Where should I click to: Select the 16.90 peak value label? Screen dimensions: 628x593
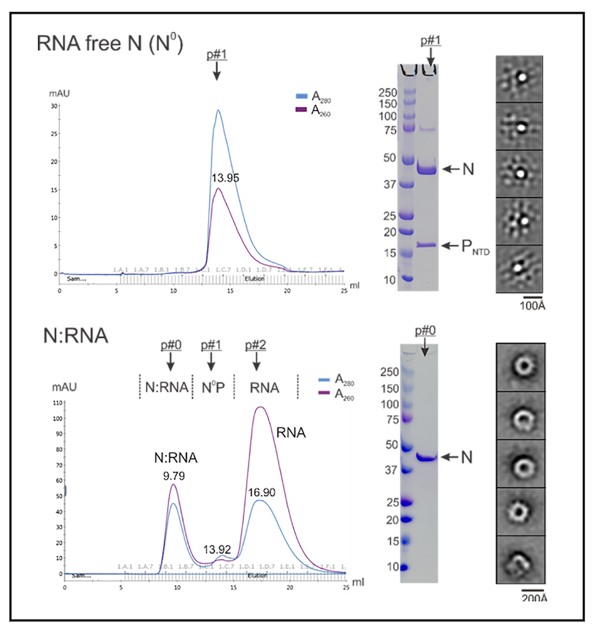pyautogui.click(x=262, y=491)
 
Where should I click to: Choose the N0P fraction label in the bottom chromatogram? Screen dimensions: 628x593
pyautogui.click(x=212, y=387)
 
